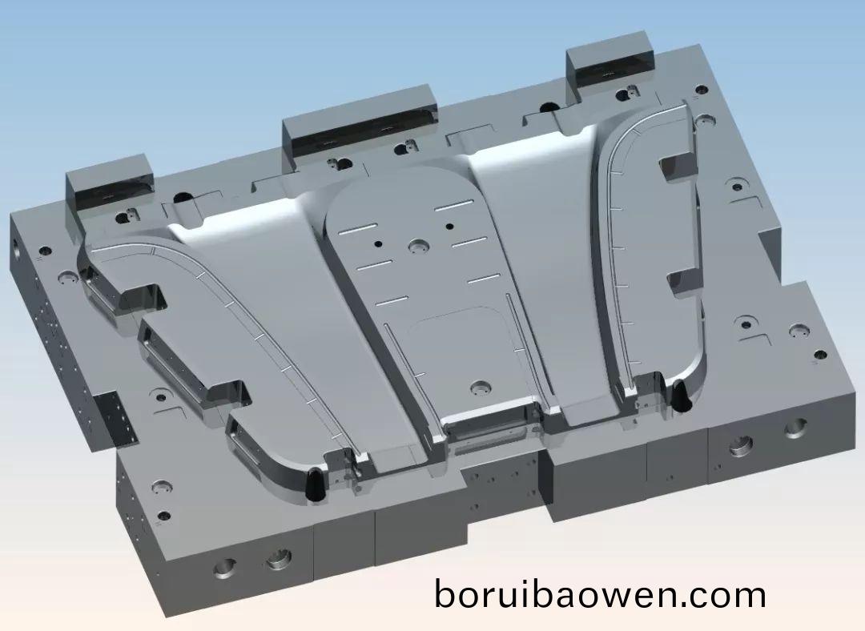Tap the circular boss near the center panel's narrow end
(481, 387)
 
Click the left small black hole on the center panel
(378, 243)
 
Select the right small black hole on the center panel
(450, 226)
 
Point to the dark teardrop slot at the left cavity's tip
(315, 484)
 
